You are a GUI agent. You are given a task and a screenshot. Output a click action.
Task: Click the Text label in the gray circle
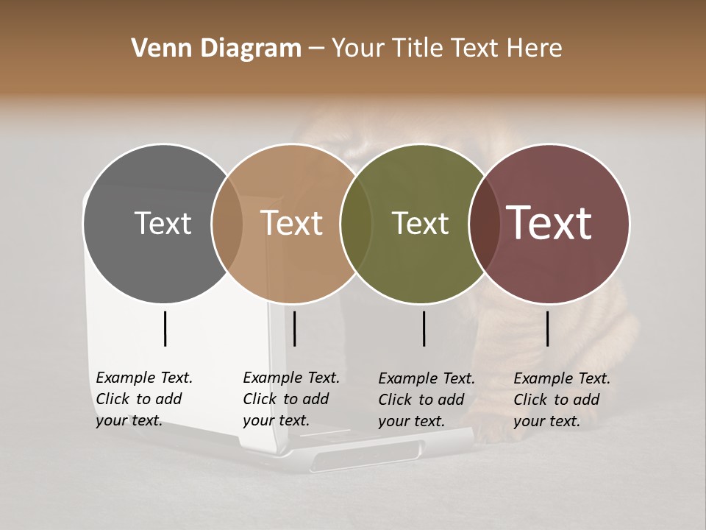(163, 223)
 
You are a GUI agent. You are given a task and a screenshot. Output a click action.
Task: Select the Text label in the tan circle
(292, 223)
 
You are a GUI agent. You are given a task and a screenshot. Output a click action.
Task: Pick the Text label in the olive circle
(420, 223)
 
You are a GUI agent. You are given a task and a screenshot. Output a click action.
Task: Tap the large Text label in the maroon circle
(549, 223)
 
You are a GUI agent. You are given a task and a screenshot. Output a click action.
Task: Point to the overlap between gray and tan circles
(227, 223)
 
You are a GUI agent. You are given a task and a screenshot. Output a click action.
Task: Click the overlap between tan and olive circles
(356, 223)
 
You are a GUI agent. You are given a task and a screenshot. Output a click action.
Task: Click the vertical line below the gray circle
(165, 328)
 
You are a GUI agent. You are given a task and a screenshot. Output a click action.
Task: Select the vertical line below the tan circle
(295, 328)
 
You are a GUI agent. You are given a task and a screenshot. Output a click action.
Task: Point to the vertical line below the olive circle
(424, 328)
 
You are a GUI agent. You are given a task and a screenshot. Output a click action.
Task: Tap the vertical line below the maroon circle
(548, 328)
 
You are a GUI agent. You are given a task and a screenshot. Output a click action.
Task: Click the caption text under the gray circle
(144, 399)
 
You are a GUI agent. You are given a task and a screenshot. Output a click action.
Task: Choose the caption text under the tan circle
(291, 399)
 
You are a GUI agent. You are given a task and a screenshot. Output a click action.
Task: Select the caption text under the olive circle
(427, 400)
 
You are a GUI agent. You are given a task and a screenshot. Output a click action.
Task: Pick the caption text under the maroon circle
(562, 400)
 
